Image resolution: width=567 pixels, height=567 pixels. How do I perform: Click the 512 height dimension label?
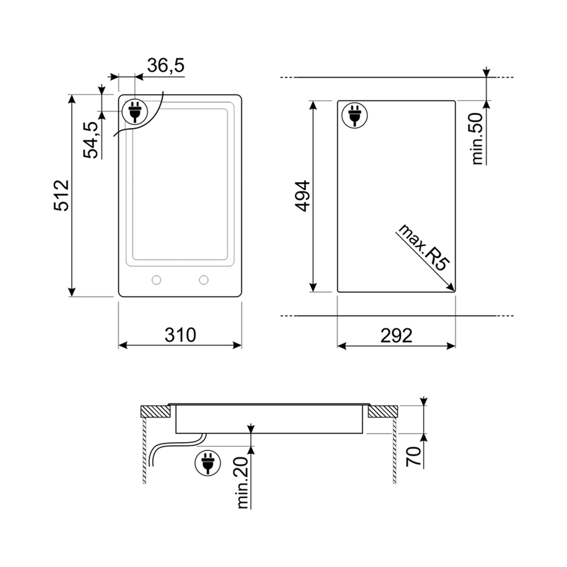[61, 195]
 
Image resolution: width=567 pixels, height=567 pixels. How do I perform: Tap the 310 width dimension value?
[180, 335]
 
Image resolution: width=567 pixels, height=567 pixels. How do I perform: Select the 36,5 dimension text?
[166, 66]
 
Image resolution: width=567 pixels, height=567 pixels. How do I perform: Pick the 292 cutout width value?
[396, 335]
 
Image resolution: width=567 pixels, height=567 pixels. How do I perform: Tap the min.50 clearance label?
[477, 138]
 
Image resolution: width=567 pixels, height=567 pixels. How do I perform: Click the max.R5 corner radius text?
[424, 247]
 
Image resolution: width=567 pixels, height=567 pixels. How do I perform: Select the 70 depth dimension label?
[414, 456]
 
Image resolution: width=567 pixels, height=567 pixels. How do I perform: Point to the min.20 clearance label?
[243, 483]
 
